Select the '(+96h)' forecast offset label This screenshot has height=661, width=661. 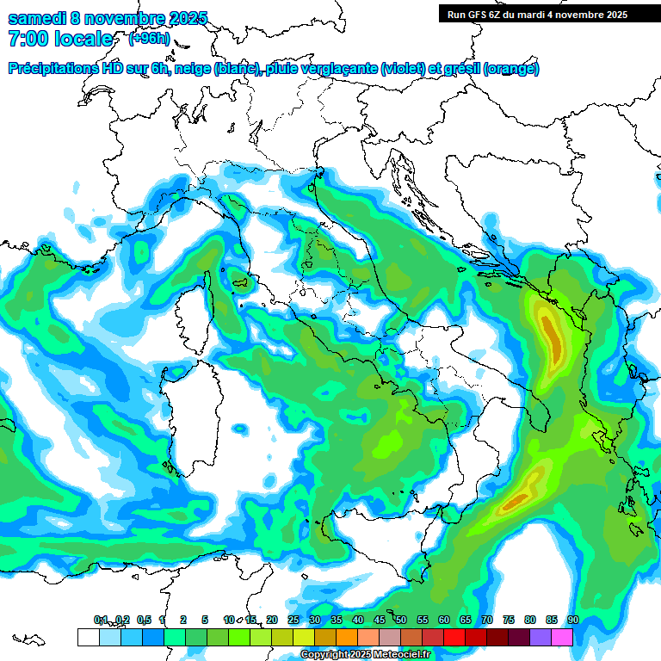click(149, 39)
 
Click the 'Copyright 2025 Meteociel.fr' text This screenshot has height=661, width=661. click(366, 655)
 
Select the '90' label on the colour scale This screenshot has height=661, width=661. click(572, 620)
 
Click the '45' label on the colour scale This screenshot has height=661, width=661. click(380, 620)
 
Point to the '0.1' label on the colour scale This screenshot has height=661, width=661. click(101, 620)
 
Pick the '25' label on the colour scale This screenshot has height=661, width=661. click(293, 620)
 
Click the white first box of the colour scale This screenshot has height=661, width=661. click(88, 637)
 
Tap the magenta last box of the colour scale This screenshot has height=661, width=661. click(562, 637)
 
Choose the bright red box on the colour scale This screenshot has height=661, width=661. click(454, 637)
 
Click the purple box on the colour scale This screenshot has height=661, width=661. click(541, 637)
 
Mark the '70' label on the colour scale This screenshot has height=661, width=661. click(487, 620)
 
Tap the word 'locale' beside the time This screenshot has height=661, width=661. click(87, 39)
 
